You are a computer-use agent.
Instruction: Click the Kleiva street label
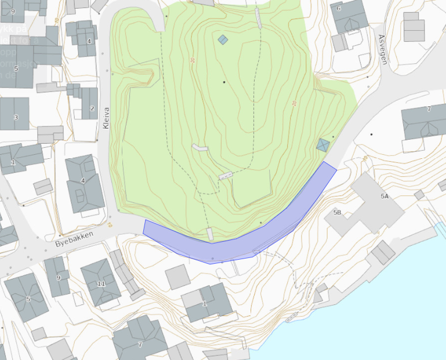click(106, 118)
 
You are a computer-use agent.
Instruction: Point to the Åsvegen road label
click(382, 49)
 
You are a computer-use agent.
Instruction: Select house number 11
click(101, 283)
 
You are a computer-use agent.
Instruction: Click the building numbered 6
click(339, 9)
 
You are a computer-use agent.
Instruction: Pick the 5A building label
click(384, 197)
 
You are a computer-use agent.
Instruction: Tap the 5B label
click(337, 213)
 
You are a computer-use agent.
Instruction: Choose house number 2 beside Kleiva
click(92, 108)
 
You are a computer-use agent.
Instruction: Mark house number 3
click(16, 118)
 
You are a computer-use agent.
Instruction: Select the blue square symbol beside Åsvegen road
click(323, 145)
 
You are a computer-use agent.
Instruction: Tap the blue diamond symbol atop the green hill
click(222, 39)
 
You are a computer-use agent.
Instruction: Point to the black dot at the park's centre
click(224, 82)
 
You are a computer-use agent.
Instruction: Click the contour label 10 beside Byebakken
click(109, 223)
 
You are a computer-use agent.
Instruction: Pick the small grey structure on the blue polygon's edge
click(210, 234)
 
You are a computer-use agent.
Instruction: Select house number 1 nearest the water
click(204, 303)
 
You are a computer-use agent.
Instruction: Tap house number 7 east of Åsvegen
click(429, 109)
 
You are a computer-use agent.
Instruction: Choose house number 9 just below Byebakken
click(58, 278)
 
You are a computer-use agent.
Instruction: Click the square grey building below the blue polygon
click(177, 277)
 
